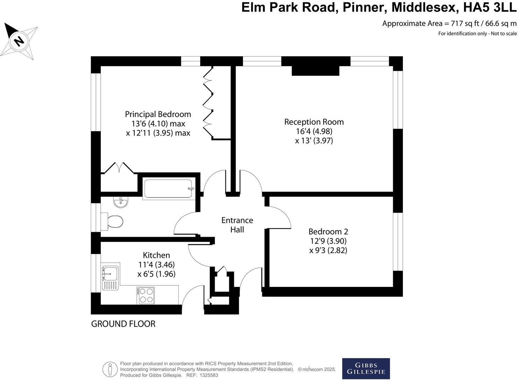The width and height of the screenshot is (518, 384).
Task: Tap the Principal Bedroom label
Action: pos(158,114)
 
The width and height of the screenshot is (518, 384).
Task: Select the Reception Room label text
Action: pos(314,122)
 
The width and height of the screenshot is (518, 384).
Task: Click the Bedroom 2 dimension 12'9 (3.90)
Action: pos(328,241)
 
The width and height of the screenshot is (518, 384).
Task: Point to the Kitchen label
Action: pos(156,255)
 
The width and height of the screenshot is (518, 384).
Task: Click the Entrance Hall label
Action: pos(237,225)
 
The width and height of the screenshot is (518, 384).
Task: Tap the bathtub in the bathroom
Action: pos(168,189)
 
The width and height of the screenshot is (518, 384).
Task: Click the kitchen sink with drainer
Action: pos(110,277)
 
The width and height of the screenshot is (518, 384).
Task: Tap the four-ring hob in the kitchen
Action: pos(146,295)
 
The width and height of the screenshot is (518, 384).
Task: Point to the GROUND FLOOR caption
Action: pos(123,324)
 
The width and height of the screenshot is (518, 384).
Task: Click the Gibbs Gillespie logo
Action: pos(366,368)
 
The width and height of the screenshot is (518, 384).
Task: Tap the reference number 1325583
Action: pos(209,375)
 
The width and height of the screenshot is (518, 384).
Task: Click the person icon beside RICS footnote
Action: pos(110,369)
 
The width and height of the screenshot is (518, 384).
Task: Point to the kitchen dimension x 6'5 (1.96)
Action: pos(156,274)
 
